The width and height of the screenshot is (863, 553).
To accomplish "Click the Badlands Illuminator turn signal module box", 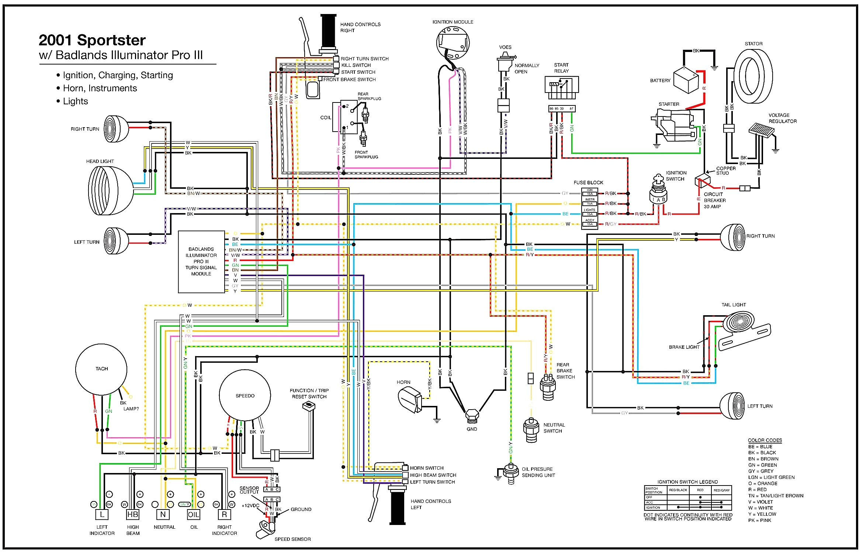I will tap(201, 262).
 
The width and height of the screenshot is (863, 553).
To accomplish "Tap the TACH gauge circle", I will tap(101, 369).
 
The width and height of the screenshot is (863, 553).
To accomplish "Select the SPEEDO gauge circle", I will tap(245, 396).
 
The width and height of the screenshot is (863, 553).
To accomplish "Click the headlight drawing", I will tap(110, 191).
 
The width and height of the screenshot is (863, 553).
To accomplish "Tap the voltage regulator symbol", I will tap(762, 131).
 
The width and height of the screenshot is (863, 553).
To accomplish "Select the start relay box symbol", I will tap(561, 87).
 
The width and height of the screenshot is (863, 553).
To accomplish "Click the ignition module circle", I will tap(453, 42).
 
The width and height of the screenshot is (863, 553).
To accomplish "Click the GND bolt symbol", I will tap(472, 416).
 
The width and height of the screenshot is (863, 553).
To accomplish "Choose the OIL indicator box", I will tap(194, 515).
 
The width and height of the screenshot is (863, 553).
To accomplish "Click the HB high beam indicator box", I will tap(133, 515).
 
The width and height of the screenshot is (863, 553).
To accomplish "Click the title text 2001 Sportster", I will tap(92, 40).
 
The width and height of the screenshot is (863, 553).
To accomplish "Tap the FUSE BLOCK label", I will tap(588, 182).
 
